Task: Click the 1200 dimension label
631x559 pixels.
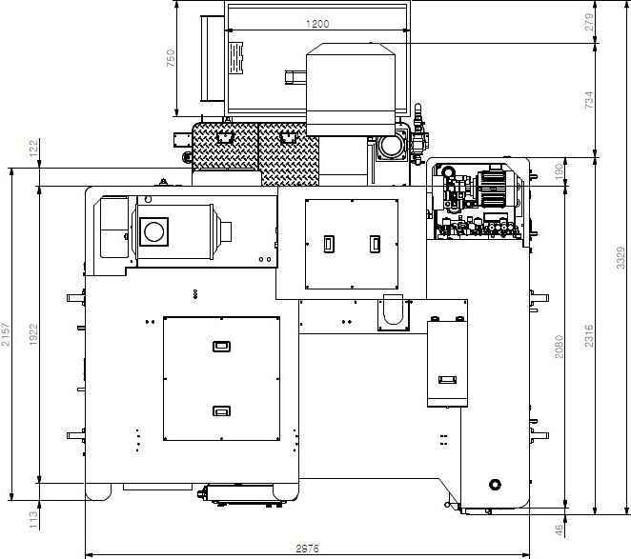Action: (x=317, y=24)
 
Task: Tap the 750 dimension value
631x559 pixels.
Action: (x=171, y=58)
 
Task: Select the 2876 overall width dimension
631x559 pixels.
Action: (x=308, y=549)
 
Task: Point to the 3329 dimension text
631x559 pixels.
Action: (x=621, y=258)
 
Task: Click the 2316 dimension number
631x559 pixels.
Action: (x=589, y=335)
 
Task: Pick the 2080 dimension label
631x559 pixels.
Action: (x=559, y=347)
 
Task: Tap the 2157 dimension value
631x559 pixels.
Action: (x=5, y=334)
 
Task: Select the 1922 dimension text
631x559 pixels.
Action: (x=33, y=334)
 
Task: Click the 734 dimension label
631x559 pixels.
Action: (x=589, y=100)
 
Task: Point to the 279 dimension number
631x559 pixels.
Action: (x=589, y=22)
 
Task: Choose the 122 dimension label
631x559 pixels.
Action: (x=33, y=148)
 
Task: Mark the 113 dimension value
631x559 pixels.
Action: (x=33, y=520)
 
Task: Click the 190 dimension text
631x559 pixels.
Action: (x=559, y=172)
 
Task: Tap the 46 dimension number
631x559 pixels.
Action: (x=559, y=530)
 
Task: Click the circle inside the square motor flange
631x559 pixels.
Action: (x=153, y=231)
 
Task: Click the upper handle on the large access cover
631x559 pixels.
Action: (x=221, y=347)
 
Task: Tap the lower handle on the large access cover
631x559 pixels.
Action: (x=221, y=410)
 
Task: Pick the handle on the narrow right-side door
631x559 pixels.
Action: (x=447, y=380)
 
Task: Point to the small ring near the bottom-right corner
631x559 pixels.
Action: (x=495, y=484)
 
